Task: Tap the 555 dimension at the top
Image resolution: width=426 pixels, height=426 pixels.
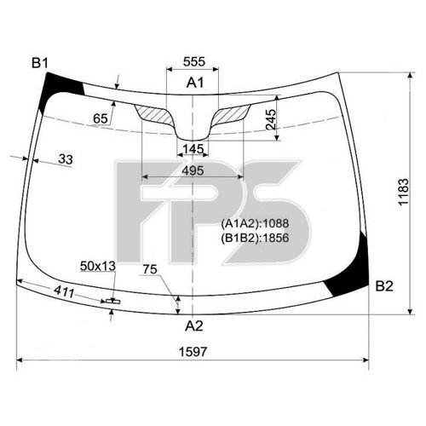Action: tap(194, 62)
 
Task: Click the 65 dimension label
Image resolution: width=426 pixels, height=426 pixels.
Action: tap(101, 118)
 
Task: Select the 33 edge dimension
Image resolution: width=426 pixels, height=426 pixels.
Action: tap(66, 158)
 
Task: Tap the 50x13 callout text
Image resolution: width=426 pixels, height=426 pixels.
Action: tap(97, 267)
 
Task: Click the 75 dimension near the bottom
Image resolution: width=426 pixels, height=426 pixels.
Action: tap(150, 270)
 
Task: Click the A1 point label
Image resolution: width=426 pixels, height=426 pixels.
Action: tap(195, 83)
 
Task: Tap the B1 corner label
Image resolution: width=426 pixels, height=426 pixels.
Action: tap(41, 62)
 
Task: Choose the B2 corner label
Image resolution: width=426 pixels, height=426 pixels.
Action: tap(383, 285)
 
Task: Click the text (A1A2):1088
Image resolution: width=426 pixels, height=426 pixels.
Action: tap(255, 223)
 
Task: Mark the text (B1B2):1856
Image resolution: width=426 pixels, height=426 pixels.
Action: tap(255, 237)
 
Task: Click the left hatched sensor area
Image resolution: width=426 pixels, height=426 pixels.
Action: tap(156, 113)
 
